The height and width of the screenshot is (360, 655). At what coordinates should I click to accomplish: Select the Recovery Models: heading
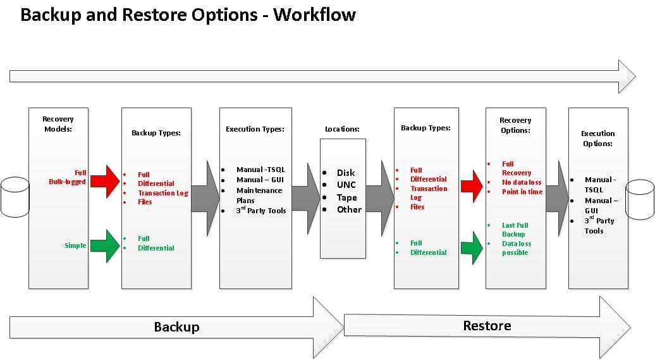click(58, 124)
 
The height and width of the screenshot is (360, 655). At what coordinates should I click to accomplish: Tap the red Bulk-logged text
click(67, 182)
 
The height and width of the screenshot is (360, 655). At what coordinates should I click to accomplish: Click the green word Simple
click(75, 245)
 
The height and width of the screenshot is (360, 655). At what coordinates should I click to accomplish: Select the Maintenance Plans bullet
click(259, 196)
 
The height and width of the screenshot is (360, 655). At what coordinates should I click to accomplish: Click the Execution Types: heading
click(255, 129)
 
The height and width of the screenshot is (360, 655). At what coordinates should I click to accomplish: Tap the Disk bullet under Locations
click(345, 173)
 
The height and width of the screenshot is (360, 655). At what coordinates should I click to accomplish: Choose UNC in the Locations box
click(346, 185)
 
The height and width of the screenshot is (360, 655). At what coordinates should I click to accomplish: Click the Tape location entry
click(346, 197)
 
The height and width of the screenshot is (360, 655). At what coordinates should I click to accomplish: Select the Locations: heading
click(342, 129)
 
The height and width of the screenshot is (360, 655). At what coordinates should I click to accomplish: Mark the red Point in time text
click(522, 192)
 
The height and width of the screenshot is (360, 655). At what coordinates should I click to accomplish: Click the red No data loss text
click(522, 182)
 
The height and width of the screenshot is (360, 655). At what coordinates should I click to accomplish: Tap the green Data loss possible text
click(517, 248)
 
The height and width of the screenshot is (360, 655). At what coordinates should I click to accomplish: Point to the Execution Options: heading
click(597, 139)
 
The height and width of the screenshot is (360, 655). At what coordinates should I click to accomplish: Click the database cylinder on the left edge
click(15, 196)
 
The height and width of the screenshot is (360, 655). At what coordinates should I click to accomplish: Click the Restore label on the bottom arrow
click(487, 326)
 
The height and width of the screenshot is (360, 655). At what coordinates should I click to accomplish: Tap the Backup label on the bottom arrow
click(176, 327)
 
